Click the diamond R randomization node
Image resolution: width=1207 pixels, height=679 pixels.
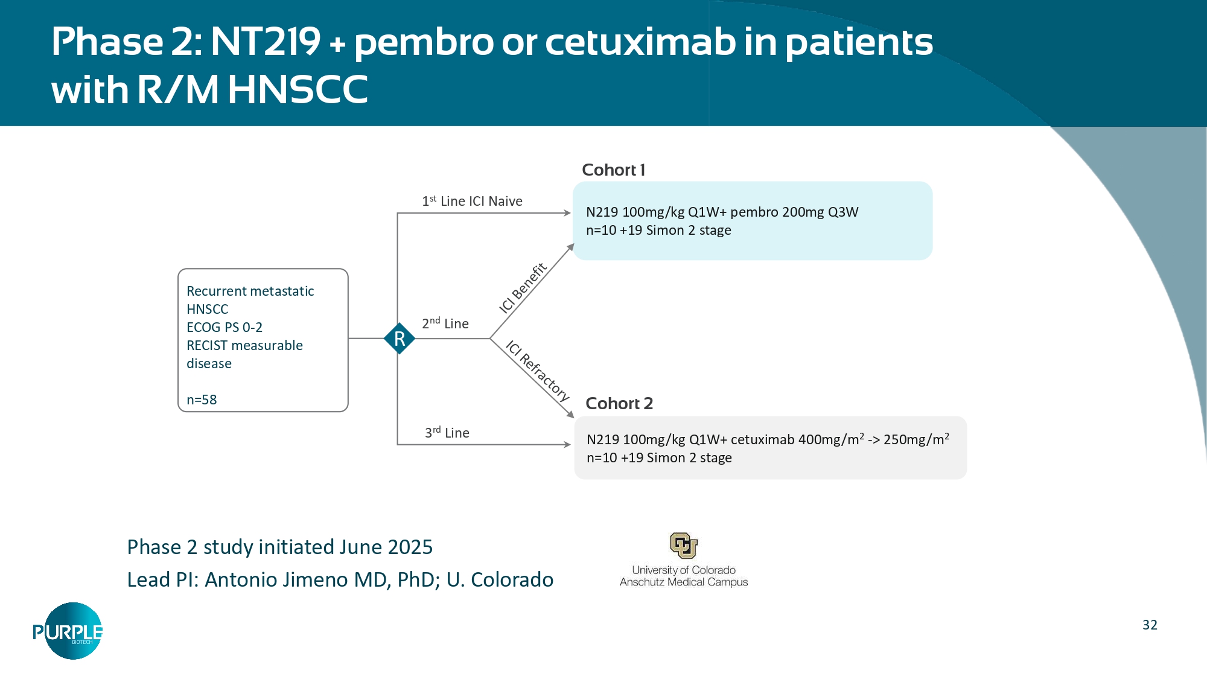coord(399,339)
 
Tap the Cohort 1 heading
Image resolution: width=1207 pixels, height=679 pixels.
coord(613,170)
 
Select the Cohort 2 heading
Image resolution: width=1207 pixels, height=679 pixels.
coord(619,403)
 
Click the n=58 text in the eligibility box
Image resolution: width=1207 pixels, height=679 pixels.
coord(202,400)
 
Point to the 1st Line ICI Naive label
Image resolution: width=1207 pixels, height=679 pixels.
coord(472,201)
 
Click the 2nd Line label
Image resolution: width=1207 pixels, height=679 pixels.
coord(445,324)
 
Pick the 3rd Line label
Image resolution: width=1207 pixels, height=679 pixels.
coord(447,433)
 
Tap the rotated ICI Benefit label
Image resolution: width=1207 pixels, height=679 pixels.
coord(523,288)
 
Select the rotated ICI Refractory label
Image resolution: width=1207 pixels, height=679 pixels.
coord(537,371)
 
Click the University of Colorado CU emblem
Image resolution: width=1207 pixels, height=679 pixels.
coord(683,546)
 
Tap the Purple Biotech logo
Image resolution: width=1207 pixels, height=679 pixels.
coord(68,631)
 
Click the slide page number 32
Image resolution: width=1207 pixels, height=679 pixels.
coord(1150,625)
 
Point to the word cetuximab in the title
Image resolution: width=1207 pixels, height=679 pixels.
coord(640,42)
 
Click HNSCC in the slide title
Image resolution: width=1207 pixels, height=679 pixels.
coord(298,90)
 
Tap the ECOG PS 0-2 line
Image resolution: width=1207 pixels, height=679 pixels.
coord(225,327)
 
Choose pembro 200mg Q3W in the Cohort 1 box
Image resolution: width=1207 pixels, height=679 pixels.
coord(794,212)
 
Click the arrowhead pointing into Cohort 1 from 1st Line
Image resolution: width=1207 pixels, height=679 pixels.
coord(567,213)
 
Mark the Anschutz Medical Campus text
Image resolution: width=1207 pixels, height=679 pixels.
coord(683,582)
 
